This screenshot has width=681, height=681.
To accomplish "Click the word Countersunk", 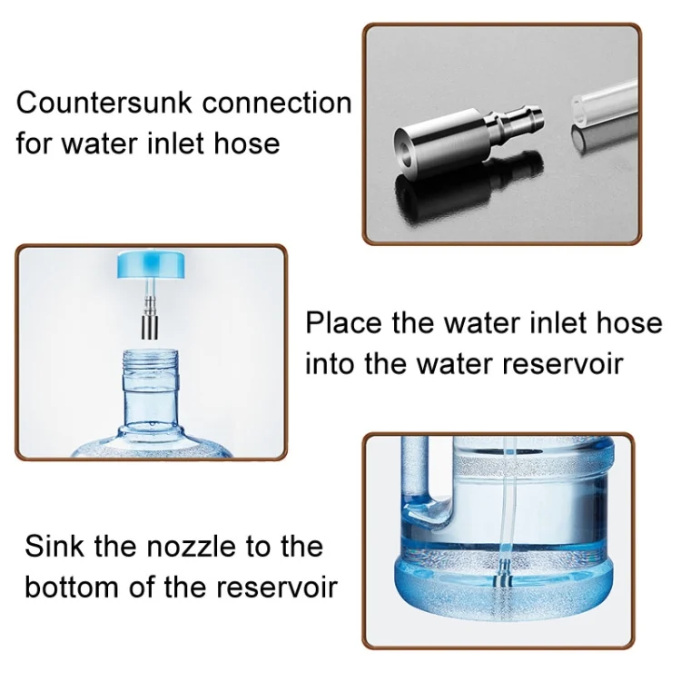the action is point(104,103).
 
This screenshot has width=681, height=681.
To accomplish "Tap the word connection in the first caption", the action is point(277,104).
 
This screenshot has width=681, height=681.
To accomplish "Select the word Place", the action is point(343,323).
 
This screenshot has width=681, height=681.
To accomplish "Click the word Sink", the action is point(54,546).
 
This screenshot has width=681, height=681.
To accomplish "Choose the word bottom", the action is point(72,587).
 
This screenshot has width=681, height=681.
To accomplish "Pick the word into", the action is point(331,364).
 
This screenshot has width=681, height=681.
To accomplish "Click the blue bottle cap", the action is point(151,265).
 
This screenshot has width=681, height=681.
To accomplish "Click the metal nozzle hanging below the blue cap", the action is point(150,318).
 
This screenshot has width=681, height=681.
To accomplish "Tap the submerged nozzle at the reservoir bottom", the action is point(504,573).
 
